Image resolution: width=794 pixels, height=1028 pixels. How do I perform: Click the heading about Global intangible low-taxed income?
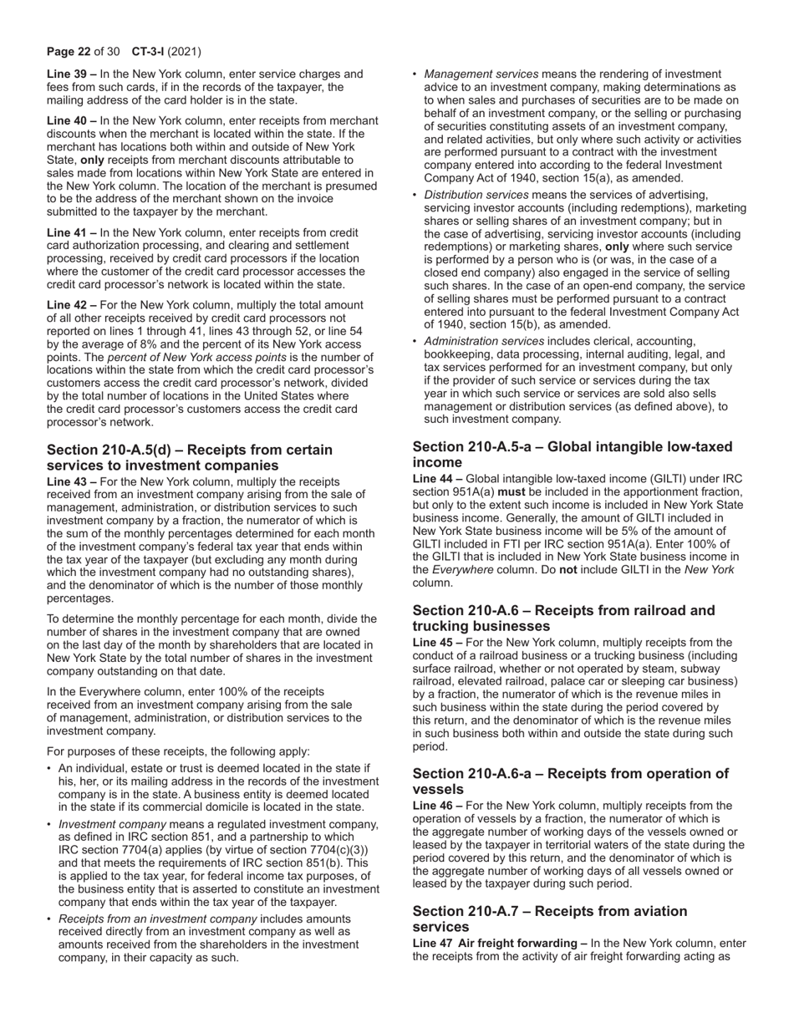[x=572, y=455]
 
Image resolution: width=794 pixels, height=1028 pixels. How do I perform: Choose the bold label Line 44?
[x=437, y=478]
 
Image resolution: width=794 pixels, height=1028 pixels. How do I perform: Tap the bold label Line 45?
[x=437, y=642]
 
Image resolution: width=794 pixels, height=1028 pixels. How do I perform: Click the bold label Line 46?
[x=437, y=805]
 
